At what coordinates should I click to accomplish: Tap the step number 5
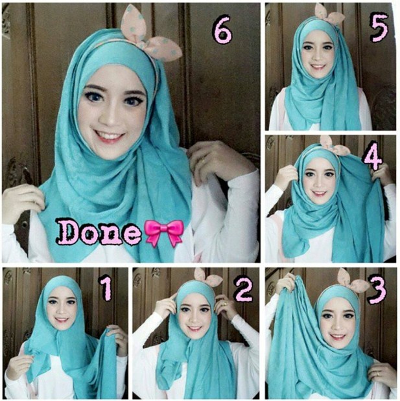point(379,28)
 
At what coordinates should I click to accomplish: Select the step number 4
point(373,156)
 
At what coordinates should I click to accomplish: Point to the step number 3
point(377,290)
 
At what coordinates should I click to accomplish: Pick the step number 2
point(244,289)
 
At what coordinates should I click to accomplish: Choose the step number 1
point(106,289)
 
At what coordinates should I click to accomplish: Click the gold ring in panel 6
point(203,161)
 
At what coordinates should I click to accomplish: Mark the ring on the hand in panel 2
point(225,304)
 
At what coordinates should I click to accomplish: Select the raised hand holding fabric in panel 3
point(286,284)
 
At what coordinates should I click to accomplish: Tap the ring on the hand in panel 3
point(379,373)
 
